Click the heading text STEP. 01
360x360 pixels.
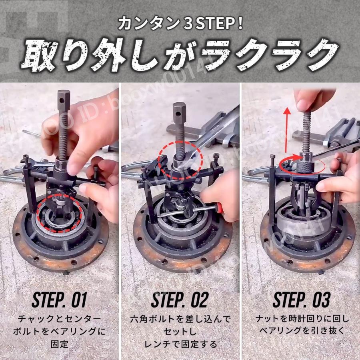[x=60, y=300]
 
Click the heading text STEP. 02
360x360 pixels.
[x=180, y=300]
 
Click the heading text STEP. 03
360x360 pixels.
[x=301, y=300]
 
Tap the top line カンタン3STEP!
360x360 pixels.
[x=180, y=24]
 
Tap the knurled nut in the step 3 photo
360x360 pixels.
[x=304, y=168]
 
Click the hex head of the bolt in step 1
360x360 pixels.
[x=64, y=100]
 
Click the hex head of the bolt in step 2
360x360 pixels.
[x=179, y=113]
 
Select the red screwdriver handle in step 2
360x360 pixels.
[x=219, y=208]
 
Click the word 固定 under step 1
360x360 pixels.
[x=60, y=344]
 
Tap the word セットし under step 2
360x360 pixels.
[x=180, y=331]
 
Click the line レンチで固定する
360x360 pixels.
[x=180, y=344]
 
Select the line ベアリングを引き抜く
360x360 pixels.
[x=302, y=331]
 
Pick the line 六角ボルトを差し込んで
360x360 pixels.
[x=180, y=319]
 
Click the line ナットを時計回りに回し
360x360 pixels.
[x=302, y=318]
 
